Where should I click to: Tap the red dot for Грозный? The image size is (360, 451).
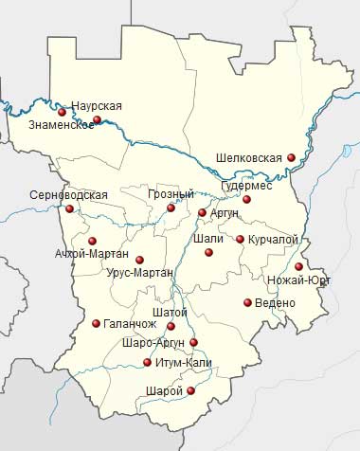click(171, 207)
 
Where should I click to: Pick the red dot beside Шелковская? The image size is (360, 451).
click(292, 157)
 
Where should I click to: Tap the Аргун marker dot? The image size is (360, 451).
click(202, 213)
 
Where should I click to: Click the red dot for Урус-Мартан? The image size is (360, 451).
click(139, 259)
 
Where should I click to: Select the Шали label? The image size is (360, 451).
click(207, 239)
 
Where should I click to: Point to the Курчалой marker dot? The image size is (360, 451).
click(241, 240)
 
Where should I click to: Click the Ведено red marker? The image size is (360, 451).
click(247, 302)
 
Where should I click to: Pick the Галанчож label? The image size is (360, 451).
click(130, 322)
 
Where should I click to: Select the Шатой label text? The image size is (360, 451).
click(170, 313)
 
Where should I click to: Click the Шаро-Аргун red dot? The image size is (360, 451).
click(194, 342)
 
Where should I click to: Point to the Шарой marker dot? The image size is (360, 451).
click(191, 390)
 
